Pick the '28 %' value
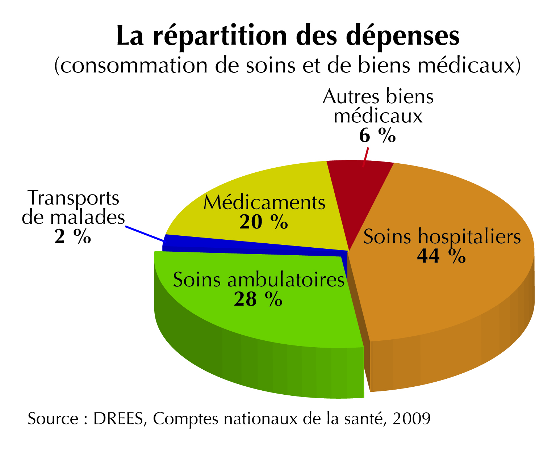click(x=258, y=299)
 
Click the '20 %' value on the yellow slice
click(x=263, y=222)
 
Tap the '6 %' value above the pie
click(x=377, y=136)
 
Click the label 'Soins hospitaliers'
click(x=442, y=237)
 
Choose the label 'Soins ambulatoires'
click(x=259, y=280)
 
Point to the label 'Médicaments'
click(x=264, y=202)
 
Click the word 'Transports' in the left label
click(x=73, y=198)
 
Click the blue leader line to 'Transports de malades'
click(x=144, y=234)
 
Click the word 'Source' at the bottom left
click(x=53, y=419)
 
